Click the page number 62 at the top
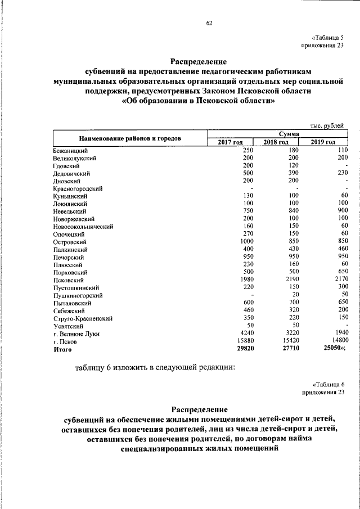point(209,23)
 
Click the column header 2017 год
point(230,142)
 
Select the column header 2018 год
point(276,142)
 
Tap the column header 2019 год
point(323,142)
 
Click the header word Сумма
point(276,133)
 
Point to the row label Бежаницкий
point(70,151)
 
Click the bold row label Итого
point(63,349)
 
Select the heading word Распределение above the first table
point(199,61)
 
